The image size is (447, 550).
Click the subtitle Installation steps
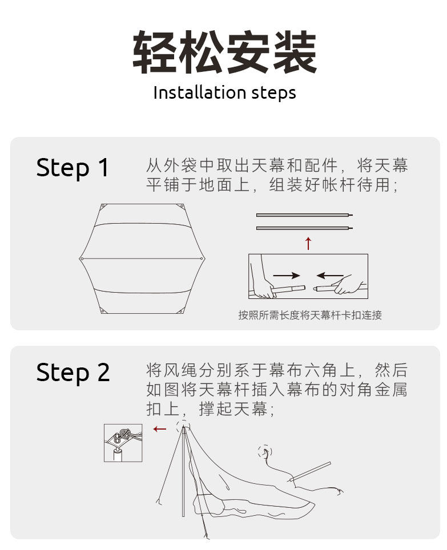[x=224, y=93]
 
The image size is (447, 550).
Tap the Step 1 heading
[x=73, y=168]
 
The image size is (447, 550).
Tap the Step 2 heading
[x=73, y=373]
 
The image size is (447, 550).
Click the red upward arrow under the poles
[x=308, y=243]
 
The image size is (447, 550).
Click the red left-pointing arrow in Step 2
[x=160, y=428]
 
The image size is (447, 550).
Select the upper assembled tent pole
[x=304, y=215]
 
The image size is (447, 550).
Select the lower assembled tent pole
[x=304, y=228]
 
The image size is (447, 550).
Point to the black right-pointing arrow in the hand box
[x=287, y=276]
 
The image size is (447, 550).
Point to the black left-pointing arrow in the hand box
[x=330, y=276]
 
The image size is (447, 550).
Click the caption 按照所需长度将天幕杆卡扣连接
[x=310, y=315]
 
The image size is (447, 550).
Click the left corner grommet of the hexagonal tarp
[x=82, y=259]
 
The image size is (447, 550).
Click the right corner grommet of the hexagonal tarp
[x=202, y=259]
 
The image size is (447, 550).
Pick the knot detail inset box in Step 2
[x=123, y=443]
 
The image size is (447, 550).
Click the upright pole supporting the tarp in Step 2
[x=183, y=472]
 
